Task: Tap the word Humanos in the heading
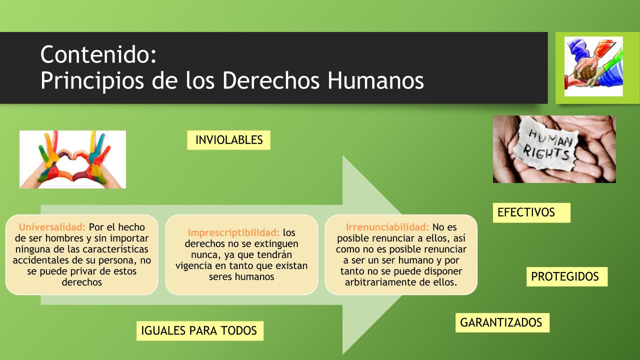coord(375,80)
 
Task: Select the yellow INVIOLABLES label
coord(228,140)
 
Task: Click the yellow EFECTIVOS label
coord(531,212)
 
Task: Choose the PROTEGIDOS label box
coord(567,276)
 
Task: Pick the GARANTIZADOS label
coord(502,322)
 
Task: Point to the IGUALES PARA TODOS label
coord(199,330)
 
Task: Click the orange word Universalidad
coord(52,227)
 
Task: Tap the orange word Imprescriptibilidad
coord(233,233)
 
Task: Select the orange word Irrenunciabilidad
coord(387,227)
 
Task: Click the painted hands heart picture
coord(72,159)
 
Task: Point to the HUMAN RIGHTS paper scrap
coord(546,145)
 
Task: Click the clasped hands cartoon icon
coord(593,66)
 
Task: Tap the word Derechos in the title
coord(271,80)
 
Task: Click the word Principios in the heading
coord(92,81)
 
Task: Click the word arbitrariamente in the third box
coord(380,282)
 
